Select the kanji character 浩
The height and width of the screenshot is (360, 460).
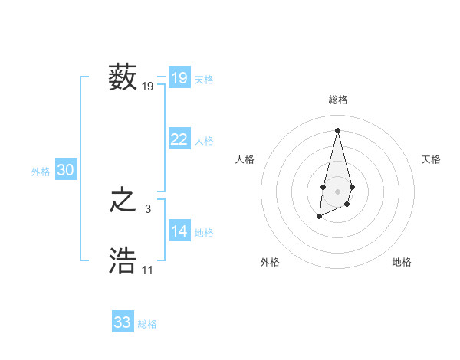click(123, 260)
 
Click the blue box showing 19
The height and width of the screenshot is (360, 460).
click(179, 78)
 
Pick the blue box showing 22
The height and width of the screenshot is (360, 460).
click(179, 139)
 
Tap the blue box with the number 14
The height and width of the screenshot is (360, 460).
click(179, 231)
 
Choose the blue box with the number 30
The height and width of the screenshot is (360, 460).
click(65, 171)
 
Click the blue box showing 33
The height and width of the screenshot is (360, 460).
click(122, 322)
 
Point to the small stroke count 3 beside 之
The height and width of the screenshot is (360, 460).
click(148, 208)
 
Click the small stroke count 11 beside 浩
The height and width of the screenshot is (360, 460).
click(147, 270)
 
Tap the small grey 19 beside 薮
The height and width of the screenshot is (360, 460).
click(148, 87)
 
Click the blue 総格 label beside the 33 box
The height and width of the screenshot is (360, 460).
click(147, 324)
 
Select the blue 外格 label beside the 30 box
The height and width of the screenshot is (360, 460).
click(41, 172)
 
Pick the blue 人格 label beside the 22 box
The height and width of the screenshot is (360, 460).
click(204, 141)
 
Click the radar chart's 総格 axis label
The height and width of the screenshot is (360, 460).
click(337, 100)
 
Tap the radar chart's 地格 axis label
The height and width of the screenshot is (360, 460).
click(402, 262)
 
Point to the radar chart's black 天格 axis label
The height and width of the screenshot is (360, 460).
click(431, 159)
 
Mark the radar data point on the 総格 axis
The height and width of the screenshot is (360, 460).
click(337, 129)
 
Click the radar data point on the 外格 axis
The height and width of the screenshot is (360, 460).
click(319, 217)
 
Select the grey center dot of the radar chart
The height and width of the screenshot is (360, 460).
click(337, 190)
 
